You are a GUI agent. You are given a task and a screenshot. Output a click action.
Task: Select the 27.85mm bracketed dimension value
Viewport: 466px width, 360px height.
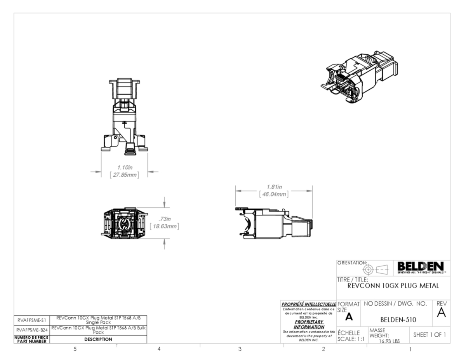point(124,174)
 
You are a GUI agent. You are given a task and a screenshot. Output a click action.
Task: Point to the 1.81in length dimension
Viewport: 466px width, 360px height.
point(274,187)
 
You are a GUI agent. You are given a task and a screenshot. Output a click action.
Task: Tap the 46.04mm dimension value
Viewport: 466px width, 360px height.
point(274,194)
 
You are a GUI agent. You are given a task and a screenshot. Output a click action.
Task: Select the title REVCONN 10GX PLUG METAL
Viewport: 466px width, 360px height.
point(393,286)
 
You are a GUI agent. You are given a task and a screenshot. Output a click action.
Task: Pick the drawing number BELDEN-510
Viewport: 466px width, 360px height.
point(398,320)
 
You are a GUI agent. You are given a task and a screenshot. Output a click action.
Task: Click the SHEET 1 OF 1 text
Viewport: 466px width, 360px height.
point(429,334)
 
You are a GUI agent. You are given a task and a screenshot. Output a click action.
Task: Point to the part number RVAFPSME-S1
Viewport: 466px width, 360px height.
point(32,320)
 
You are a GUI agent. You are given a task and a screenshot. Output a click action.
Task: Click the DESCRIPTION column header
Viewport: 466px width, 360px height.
point(98,339)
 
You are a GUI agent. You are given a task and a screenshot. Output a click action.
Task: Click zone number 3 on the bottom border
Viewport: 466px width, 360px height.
point(240,349)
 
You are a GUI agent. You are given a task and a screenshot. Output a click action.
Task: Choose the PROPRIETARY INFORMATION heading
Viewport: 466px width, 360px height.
point(310,324)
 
